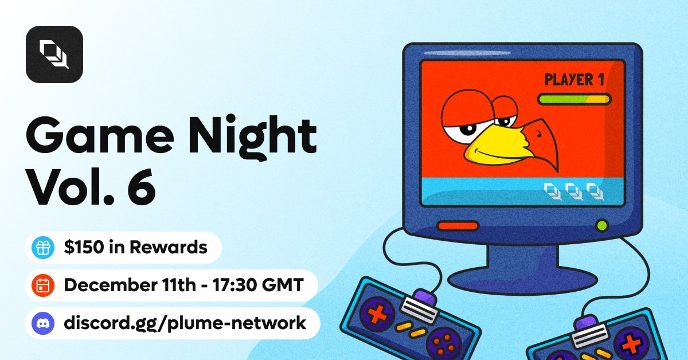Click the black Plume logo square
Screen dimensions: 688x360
tap(54, 54)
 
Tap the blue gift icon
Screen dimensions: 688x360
tap(43, 248)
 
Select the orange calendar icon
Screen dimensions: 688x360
tap(43, 285)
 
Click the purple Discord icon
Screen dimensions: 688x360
tap(43, 323)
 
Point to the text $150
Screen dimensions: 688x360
tap(84, 247)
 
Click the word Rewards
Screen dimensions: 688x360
tap(169, 247)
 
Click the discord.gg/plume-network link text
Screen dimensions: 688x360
tap(185, 323)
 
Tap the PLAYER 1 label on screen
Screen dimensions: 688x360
tap(574, 80)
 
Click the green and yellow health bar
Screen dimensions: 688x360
tap(574, 99)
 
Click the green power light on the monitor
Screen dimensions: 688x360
tap(601, 225)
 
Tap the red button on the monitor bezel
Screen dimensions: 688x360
tap(458, 226)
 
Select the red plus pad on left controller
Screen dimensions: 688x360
tap(377, 314)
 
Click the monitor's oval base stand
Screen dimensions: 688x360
tap(522, 280)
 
